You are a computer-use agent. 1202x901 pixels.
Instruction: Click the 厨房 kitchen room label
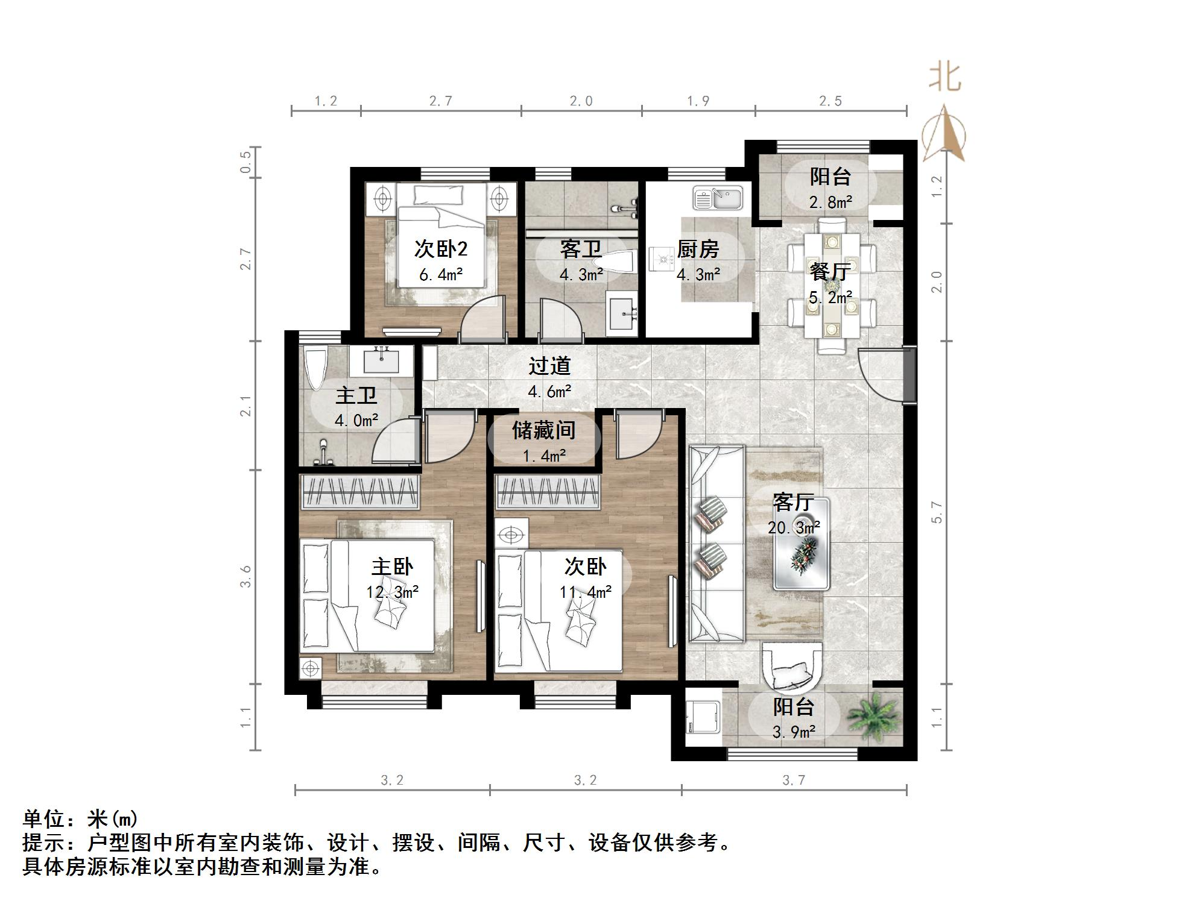coord(698,248)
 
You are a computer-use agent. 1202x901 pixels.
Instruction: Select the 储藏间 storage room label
coord(543,430)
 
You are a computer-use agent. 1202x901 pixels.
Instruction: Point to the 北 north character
coord(944,77)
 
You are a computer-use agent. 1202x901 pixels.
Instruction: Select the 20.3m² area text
coord(793,528)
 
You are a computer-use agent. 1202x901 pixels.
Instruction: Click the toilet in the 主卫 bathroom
coord(315,368)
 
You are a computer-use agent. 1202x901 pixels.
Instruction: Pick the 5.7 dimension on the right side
coord(936,512)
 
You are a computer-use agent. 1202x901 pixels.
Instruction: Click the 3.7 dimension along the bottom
coord(794,780)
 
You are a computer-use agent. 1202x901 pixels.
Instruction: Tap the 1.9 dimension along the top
coord(698,101)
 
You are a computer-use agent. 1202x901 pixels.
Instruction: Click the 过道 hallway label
coord(549,366)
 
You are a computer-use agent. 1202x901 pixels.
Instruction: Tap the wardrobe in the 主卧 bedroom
coord(359,491)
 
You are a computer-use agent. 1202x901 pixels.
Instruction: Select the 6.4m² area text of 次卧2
coord(441,275)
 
